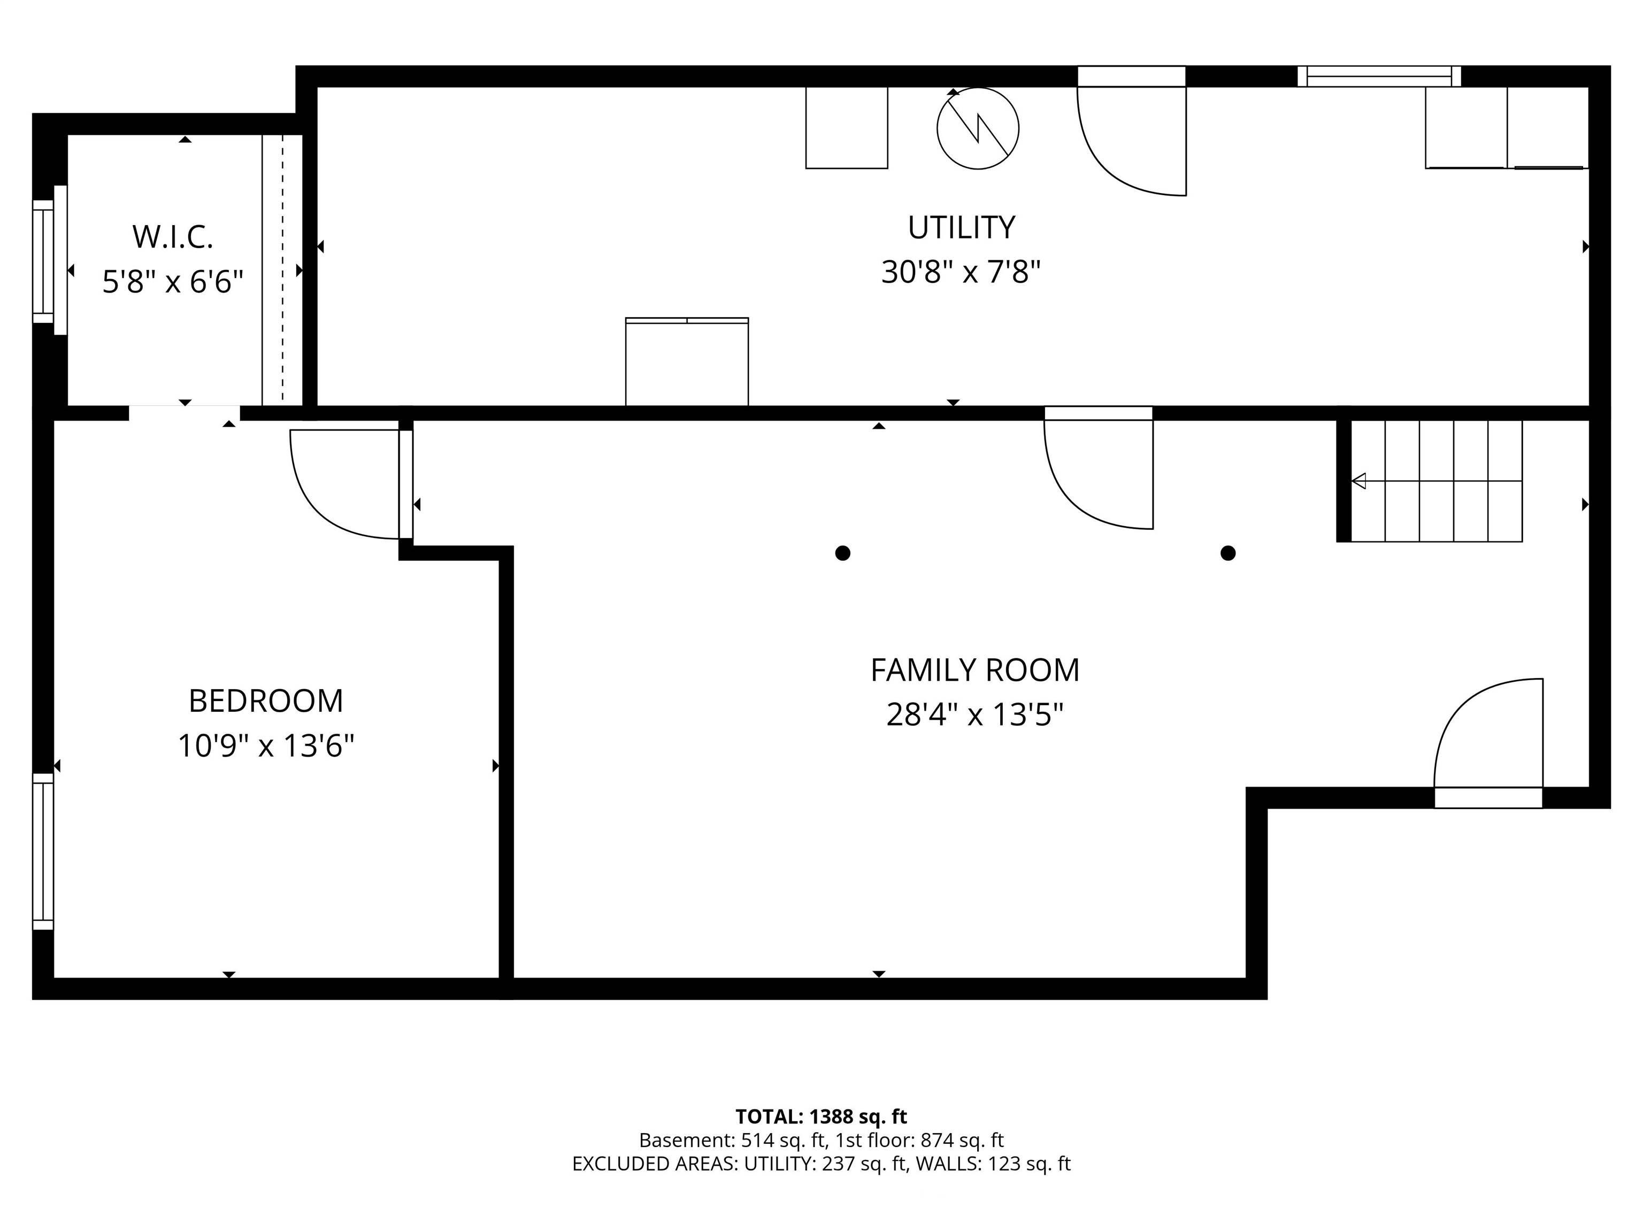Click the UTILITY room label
961,227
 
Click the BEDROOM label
266,701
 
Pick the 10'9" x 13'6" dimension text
266,745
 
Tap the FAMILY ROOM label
974,671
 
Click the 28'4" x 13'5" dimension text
974,715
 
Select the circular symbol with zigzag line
978,128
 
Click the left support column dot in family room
842,553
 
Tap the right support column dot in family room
1228,553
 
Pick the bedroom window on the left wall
43,851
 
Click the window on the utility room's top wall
1379,76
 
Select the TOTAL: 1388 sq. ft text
821,1117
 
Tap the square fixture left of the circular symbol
847,128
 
